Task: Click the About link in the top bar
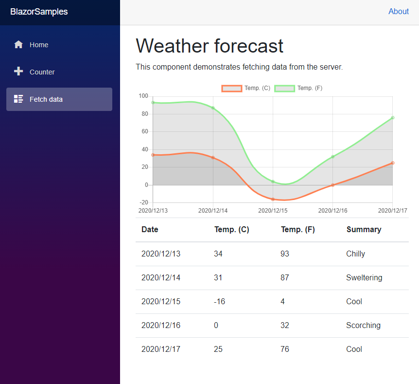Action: coord(398,12)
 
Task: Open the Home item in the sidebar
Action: coord(38,45)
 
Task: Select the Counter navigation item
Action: coord(42,72)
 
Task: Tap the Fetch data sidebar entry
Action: coord(46,99)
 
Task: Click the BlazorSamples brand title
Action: coord(39,12)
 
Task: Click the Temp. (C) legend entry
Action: coord(246,88)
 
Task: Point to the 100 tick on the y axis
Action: coord(143,96)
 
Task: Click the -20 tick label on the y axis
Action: coord(143,202)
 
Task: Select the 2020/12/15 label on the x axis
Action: coord(273,211)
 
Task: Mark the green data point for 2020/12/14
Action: coord(213,108)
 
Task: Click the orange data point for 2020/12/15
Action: coord(273,199)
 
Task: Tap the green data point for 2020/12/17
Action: coord(392,117)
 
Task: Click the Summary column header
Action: coord(364,230)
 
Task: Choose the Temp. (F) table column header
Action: coord(297,230)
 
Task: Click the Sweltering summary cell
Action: coord(364,278)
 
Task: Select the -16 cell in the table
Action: coord(219,302)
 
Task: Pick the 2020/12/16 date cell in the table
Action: coord(160,326)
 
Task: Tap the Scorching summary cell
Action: coord(363,326)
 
